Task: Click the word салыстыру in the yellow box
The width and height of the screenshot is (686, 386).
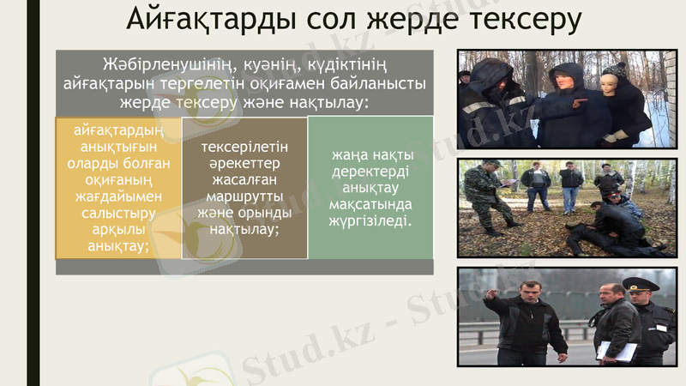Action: tap(118, 213)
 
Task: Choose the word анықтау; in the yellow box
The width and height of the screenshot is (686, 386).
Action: tap(118, 246)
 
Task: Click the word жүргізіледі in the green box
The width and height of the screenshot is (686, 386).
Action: tap(370, 220)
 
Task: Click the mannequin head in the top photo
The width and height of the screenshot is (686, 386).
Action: tap(615, 81)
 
